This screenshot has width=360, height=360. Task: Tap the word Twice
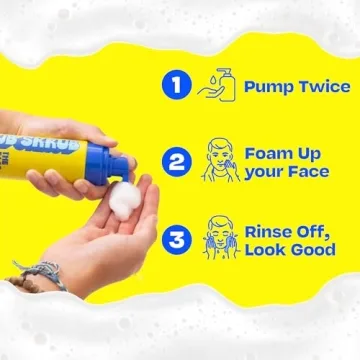pyautogui.click(x=326, y=87)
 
